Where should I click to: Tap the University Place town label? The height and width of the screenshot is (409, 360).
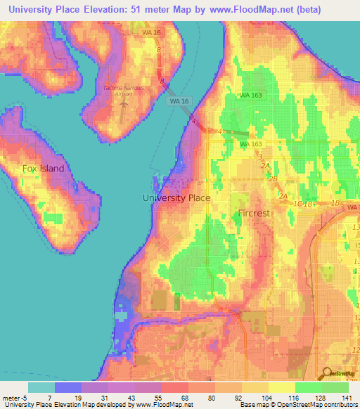176,198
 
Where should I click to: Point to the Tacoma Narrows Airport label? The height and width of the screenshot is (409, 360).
127,87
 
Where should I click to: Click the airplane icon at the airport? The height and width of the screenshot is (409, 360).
124,101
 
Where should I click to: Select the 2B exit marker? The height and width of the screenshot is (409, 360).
272,178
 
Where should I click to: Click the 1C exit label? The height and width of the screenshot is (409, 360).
298,204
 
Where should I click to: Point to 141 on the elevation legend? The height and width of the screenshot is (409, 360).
347,397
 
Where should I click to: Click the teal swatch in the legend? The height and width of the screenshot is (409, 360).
41,387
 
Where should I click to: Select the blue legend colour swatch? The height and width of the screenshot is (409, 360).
68,387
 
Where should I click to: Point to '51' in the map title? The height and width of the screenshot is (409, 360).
149,9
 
